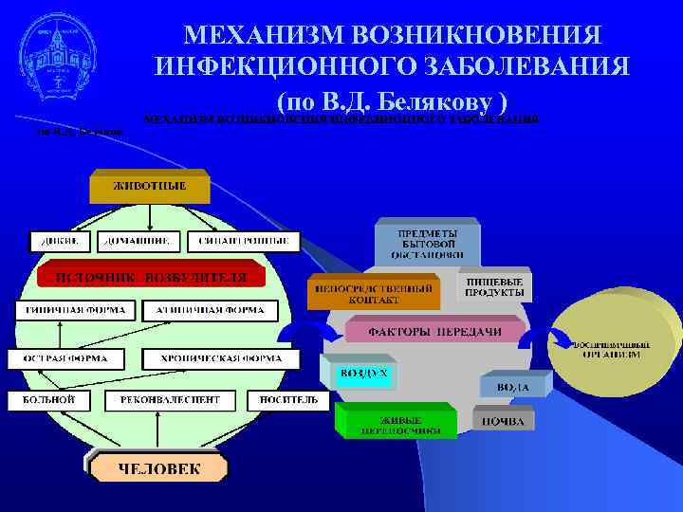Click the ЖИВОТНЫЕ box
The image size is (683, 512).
pyautogui.click(x=150, y=186)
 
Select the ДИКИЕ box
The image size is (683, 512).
pyautogui.click(x=60, y=242)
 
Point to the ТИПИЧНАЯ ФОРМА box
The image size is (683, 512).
pyautogui.click(x=72, y=310)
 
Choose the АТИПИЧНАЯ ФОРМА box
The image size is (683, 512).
pyautogui.click(x=210, y=310)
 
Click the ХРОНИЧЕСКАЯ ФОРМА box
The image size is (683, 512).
pyautogui.click(x=219, y=359)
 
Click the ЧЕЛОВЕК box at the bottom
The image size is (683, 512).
pyautogui.click(x=158, y=467)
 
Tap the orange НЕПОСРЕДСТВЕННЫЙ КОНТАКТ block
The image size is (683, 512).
pyautogui.click(x=373, y=292)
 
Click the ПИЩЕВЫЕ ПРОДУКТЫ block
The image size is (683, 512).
pyautogui.click(x=494, y=287)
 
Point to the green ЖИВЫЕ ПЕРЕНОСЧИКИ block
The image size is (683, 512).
pyautogui.click(x=400, y=422)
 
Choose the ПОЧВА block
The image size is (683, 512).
pyautogui.click(x=503, y=419)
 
